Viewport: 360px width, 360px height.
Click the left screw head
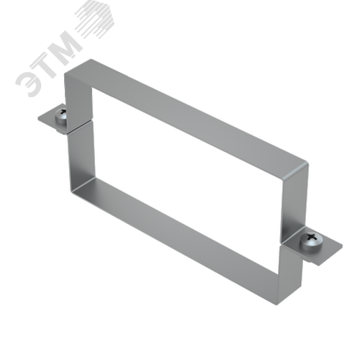pos(61,116)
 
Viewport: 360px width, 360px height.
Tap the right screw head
pos(312,241)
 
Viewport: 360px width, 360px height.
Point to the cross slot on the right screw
pos(312,237)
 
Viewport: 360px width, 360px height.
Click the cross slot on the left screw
pos(63,112)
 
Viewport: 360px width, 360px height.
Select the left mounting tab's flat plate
pos(51,120)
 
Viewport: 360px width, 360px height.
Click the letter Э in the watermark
pos(30,81)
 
